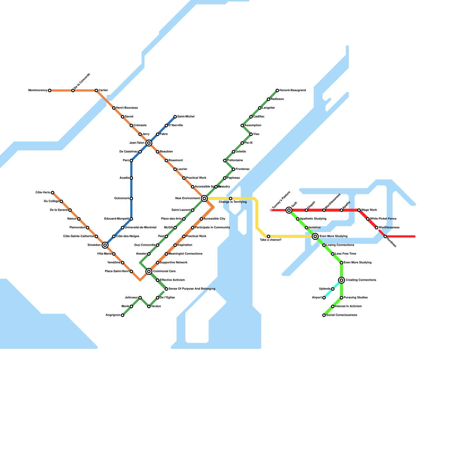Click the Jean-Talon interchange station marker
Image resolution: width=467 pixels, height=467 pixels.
(x=149, y=143)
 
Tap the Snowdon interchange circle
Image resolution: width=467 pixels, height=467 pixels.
(x=105, y=245)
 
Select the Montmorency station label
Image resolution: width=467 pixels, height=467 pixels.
(x=38, y=90)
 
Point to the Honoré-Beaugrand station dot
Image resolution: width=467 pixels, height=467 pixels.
(x=277, y=90)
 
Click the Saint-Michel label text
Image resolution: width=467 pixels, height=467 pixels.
(x=186, y=117)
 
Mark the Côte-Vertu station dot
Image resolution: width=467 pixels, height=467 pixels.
(x=53, y=193)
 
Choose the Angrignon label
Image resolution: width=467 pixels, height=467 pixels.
(x=113, y=315)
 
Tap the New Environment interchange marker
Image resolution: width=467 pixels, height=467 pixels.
(x=204, y=198)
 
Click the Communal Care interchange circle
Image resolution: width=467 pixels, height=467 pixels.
(x=149, y=271)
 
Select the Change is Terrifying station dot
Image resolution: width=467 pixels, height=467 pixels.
(x=231, y=198)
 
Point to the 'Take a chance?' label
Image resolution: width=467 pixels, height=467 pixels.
(x=271, y=240)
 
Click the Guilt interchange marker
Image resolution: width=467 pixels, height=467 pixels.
(x=289, y=210)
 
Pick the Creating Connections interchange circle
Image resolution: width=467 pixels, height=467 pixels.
(x=341, y=280)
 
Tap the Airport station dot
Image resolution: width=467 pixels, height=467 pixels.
(x=324, y=298)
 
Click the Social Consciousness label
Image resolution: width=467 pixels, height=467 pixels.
(x=341, y=315)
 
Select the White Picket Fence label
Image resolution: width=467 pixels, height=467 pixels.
(x=383, y=219)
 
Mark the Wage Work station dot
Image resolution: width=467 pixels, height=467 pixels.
(x=359, y=210)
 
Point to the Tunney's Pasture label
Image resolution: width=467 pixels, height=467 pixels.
(x=281, y=200)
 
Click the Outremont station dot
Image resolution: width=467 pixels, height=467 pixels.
(x=131, y=198)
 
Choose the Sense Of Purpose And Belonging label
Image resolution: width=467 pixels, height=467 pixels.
(x=192, y=289)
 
